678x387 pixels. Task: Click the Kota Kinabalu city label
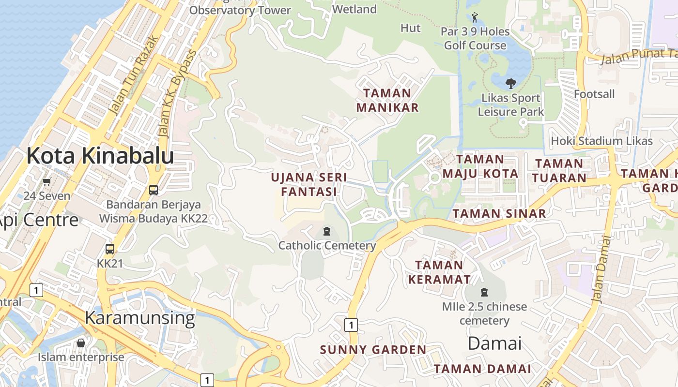[100, 156]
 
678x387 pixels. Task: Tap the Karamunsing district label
[139, 318]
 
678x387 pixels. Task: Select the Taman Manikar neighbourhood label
[387, 100]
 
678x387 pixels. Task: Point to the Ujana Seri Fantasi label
[309, 184]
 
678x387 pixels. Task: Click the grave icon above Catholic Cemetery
[327, 231]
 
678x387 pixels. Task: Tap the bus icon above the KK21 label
[110, 249]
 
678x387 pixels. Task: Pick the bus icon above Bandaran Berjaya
[154, 190]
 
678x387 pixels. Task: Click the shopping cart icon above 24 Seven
[46, 182]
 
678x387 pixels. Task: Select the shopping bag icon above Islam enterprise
[81, 343]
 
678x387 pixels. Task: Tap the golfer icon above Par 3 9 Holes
[475, 18]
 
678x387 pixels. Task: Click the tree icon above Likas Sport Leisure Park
[510, 84]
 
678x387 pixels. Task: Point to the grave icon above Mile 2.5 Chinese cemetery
[484, 292]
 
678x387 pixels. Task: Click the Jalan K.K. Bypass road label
[178, 92]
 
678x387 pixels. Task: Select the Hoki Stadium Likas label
[602, 141]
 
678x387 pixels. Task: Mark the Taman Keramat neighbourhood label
[439, 272]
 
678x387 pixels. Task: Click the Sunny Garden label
[373, 350]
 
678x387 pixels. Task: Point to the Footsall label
[594, 94]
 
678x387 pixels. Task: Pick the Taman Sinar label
[499, 213]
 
